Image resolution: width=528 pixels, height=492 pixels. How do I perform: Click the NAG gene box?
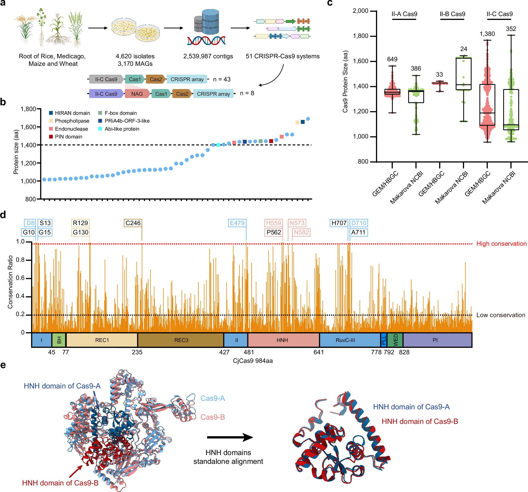137,94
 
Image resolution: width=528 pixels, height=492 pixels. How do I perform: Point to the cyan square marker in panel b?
218,145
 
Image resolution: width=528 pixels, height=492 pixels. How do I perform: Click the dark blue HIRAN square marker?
303,122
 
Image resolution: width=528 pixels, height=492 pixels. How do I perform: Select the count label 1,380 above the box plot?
487,34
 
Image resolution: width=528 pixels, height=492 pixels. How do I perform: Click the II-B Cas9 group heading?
452,14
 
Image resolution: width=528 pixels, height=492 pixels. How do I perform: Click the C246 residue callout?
133,223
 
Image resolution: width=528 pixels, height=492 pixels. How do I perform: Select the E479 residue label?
237,223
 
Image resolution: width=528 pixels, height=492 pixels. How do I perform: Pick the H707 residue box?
339,223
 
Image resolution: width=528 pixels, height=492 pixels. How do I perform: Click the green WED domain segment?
395,340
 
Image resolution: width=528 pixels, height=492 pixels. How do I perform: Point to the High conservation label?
501,243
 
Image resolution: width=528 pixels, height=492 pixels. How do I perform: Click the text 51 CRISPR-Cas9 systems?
282,56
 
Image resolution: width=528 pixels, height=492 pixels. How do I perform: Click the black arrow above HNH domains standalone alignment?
229,437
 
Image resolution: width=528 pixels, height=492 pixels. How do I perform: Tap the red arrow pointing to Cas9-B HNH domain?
75,471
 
